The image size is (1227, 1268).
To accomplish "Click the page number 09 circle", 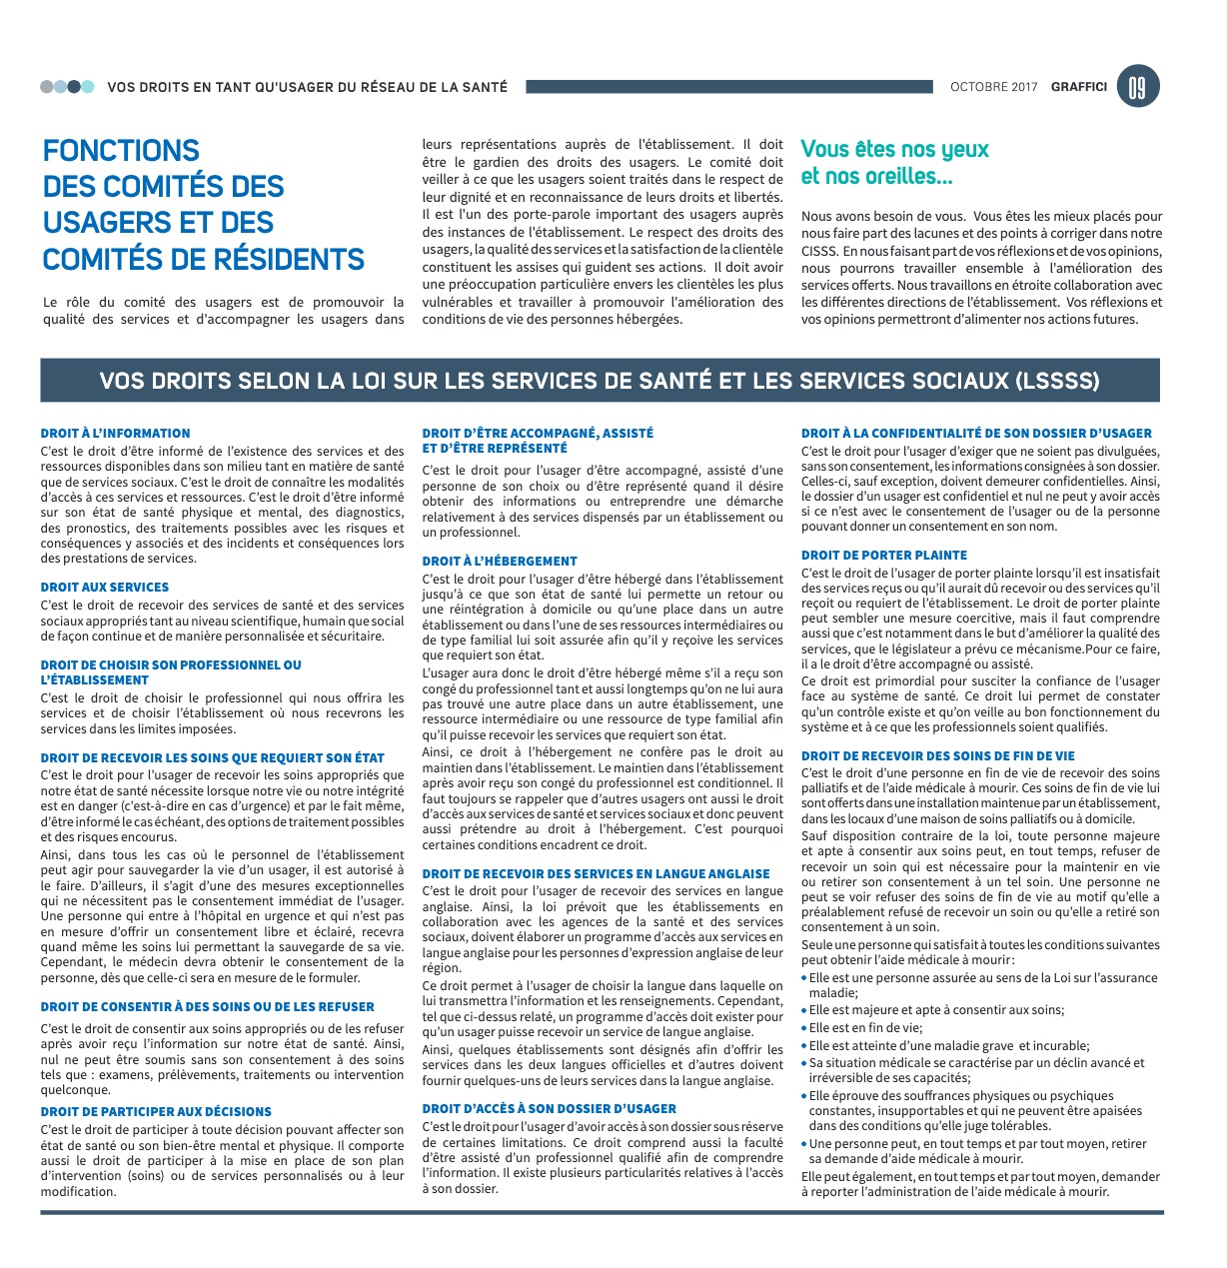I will pyautogui.click(x=1138, y=87).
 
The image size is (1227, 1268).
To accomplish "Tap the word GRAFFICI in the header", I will pyautogui.click(x=1078, y=87).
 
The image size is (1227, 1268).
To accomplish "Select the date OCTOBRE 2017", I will pyautogui.click(x=993, y=87).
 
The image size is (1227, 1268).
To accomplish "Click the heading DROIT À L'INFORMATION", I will pyautogui.click(x=115, y=434).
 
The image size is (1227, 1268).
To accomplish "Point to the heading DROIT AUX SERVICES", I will pyautogui.click(x=105, y=588).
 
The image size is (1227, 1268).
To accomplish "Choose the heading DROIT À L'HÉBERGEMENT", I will pyautogui.click(x=500, y=562).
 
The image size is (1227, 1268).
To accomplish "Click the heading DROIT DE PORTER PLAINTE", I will pyautogui.click(x=884, y=556).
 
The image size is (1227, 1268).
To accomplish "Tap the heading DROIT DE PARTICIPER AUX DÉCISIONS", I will pyautogui.click(x=156, y=1112).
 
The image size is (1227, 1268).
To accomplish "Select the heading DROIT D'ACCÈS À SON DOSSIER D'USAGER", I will pyautogui.click(x=549, y=1109).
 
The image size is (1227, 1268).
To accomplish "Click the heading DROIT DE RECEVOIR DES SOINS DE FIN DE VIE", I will pyautogui.click(x=938, y=756).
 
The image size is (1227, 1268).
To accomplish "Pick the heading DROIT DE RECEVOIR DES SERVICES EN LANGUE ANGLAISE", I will pyautogui.click(x=596, y=874).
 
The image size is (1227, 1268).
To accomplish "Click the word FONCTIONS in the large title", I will pyautogui.click(x=121, y=151).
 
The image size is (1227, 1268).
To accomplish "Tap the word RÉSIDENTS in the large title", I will pyautogui.click(x=285, y=260).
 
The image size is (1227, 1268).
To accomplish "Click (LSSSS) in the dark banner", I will pyautogui.click(x=1057, y=381).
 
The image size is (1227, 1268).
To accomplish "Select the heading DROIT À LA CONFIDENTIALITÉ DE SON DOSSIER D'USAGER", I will pyautogui.click(x=976, y=434).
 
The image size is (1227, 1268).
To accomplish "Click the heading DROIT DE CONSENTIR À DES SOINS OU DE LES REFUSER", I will pyautogui.click(x=208, y=1007).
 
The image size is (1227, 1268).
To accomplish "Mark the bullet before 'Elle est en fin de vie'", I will pyautogui.click(x=804, y=1027).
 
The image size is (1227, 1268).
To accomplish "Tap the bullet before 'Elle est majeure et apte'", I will pyautogui.click(x=804, y=1010).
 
